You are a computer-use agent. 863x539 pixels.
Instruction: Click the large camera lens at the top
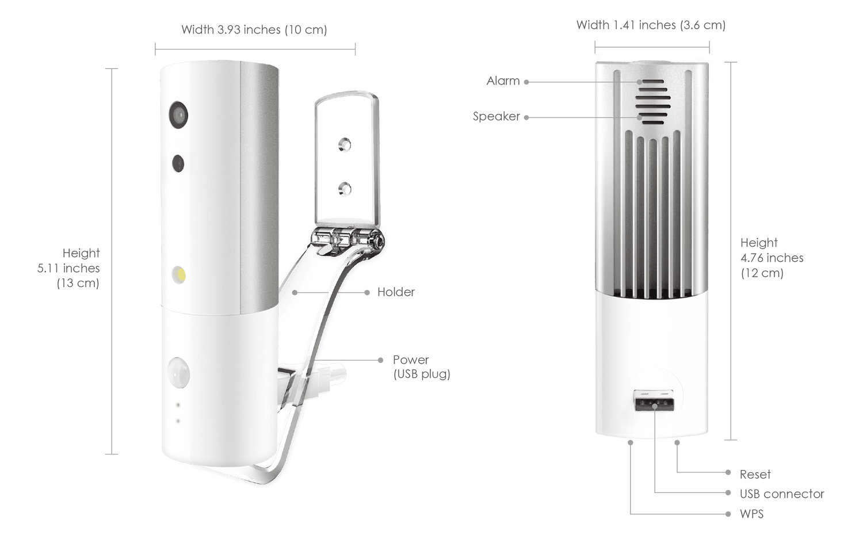coord(178,114)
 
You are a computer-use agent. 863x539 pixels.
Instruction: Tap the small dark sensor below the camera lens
coord(178,163)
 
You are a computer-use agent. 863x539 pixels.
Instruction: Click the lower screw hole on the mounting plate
coord(344,188)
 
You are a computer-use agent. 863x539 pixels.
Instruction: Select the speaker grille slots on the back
coord(653,101)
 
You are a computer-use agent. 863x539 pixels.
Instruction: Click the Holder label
coord(396,292)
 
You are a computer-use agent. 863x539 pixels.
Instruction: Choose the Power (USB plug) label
coord(421,367)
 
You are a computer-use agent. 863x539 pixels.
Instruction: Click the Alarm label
coord(503,81)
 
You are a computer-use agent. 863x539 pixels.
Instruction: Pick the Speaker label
coord(496,117)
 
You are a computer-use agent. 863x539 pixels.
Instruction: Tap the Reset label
coord(755,475)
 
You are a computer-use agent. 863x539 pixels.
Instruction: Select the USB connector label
coord(781,494)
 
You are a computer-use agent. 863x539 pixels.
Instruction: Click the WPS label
coord(752,513)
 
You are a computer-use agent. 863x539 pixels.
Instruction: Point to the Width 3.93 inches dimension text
coord(254,29)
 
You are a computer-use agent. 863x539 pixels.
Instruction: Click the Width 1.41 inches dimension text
coord(651,25)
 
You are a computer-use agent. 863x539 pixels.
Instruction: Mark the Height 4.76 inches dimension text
coord(770,258)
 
